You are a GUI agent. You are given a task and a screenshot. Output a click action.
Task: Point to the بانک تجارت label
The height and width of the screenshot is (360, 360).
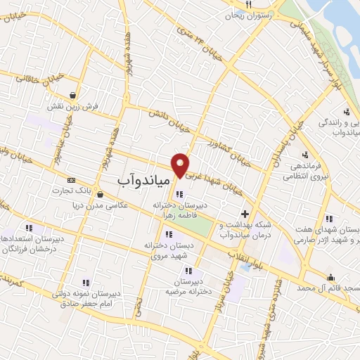[x=94, y=191]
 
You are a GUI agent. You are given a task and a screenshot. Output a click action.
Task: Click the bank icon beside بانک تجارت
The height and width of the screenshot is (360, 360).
[x=71, y=181]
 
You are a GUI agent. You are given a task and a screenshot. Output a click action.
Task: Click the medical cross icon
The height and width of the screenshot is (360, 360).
[x=245, y=214]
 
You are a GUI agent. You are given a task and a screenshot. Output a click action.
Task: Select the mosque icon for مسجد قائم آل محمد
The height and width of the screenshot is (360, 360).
[x=330, y=276]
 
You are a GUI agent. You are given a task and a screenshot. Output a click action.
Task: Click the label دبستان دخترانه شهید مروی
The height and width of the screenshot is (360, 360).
[x=169, y=252]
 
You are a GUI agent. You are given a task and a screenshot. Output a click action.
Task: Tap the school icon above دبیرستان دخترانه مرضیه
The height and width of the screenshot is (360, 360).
[x=188, y=270]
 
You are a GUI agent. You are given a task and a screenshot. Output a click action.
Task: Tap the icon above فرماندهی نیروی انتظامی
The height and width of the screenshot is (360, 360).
[x=304, y=155]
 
